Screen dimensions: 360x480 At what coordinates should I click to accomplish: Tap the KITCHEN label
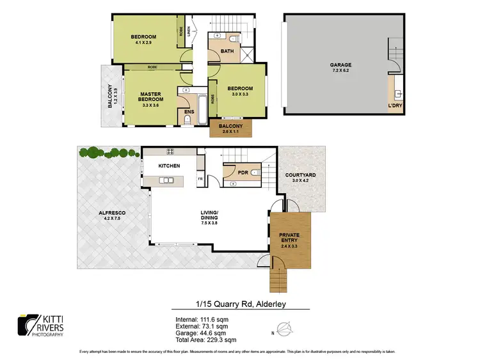click(x=169, y=166)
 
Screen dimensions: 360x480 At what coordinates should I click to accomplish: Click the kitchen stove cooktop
click(x=171, y=152)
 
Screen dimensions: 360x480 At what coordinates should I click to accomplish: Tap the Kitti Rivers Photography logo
click(x=42, y=325)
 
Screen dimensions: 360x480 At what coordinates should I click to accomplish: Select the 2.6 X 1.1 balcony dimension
click(x=231, y=131)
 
